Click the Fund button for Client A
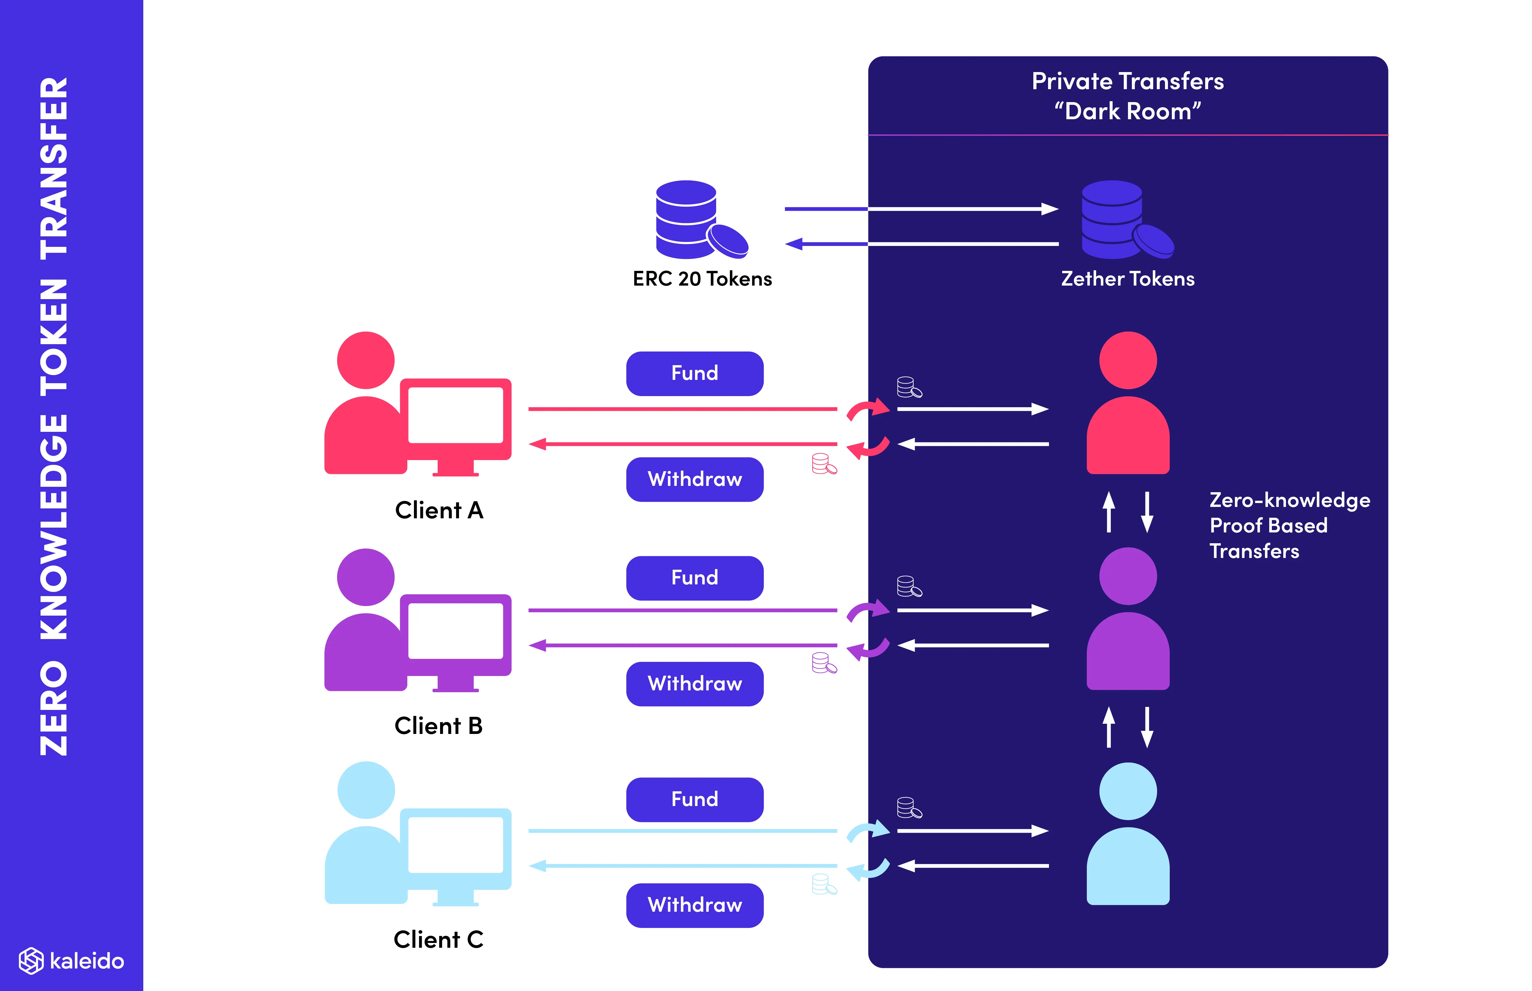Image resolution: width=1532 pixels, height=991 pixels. pyautogui.click(x=695, y=373)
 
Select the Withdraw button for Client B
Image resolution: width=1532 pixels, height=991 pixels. pyautogui.click(x=695, y=683)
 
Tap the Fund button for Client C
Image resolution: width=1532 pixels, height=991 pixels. pyautogui.click(x=695, y=799)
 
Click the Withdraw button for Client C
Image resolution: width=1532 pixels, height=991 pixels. pyautogui.click(x=695, y=905)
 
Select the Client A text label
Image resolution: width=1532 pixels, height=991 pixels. pyautogui.click(x=439, y=510)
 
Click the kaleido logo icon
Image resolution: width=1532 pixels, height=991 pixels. pyautogui.click(x=31, y=961)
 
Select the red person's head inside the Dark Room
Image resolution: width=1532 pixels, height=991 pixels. pyautogui.click(x=1128, y=360)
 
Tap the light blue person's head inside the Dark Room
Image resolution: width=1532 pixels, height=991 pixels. pyautogui.click(x=1128, y=791)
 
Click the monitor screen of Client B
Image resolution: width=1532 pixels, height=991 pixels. pyautogui.click(x=456, y=631)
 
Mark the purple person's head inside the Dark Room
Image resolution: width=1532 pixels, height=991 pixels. pyautogui.click(x=1128, y=576)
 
